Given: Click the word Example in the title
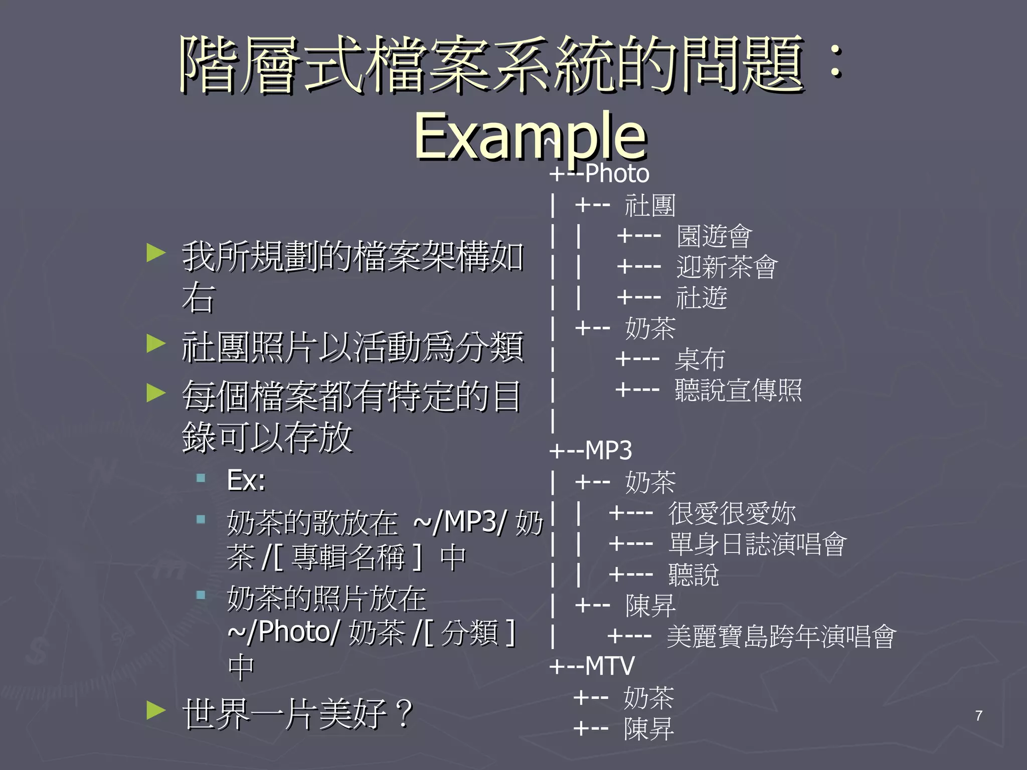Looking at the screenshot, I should [x=530, y=135].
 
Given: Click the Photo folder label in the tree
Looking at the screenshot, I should [x=617, y=174].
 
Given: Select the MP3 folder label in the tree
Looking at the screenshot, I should [x=608, y=451].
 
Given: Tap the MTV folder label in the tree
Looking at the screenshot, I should [x=609, y=666].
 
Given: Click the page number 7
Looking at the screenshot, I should [x=978, y=715].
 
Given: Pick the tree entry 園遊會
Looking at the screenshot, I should [x=714, y=236].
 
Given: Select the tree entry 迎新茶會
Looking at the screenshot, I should [x=727, y=267].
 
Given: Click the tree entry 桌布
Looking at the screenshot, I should [x=700, y=359].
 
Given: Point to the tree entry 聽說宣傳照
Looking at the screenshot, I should [x=738, y=390].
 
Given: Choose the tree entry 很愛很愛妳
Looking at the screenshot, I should [x=732, y=513].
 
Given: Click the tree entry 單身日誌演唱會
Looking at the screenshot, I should [x=757, y=544].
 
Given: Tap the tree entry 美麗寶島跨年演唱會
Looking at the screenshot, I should [x=781, y=637].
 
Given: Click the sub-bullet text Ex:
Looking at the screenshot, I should [x=246, y=480].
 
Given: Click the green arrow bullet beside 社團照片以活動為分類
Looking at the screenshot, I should [x=156, y=344].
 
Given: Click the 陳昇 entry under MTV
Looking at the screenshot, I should [x=648, y=729].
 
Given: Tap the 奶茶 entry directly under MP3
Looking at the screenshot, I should [x=650, y=482].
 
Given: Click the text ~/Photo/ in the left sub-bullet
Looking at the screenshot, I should [x=284, y=632].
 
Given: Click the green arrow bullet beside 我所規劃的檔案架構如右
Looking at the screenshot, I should [x=156, y=253].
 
